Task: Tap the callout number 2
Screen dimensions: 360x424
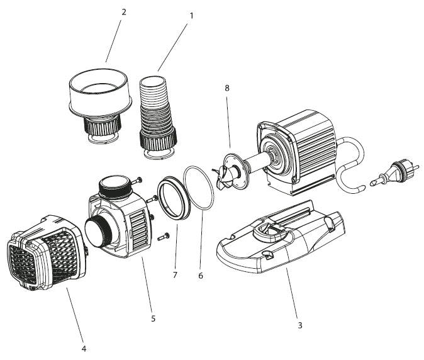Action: (x=123, y=11)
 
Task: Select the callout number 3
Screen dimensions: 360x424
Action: (x=299, y=325)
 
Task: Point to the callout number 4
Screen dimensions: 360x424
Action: (x=84, y=348)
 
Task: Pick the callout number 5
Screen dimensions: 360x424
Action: (x=153, y=318)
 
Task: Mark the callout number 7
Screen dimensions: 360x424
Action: (x=176, y=276)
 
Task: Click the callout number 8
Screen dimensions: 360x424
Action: (x=226, y=87)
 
